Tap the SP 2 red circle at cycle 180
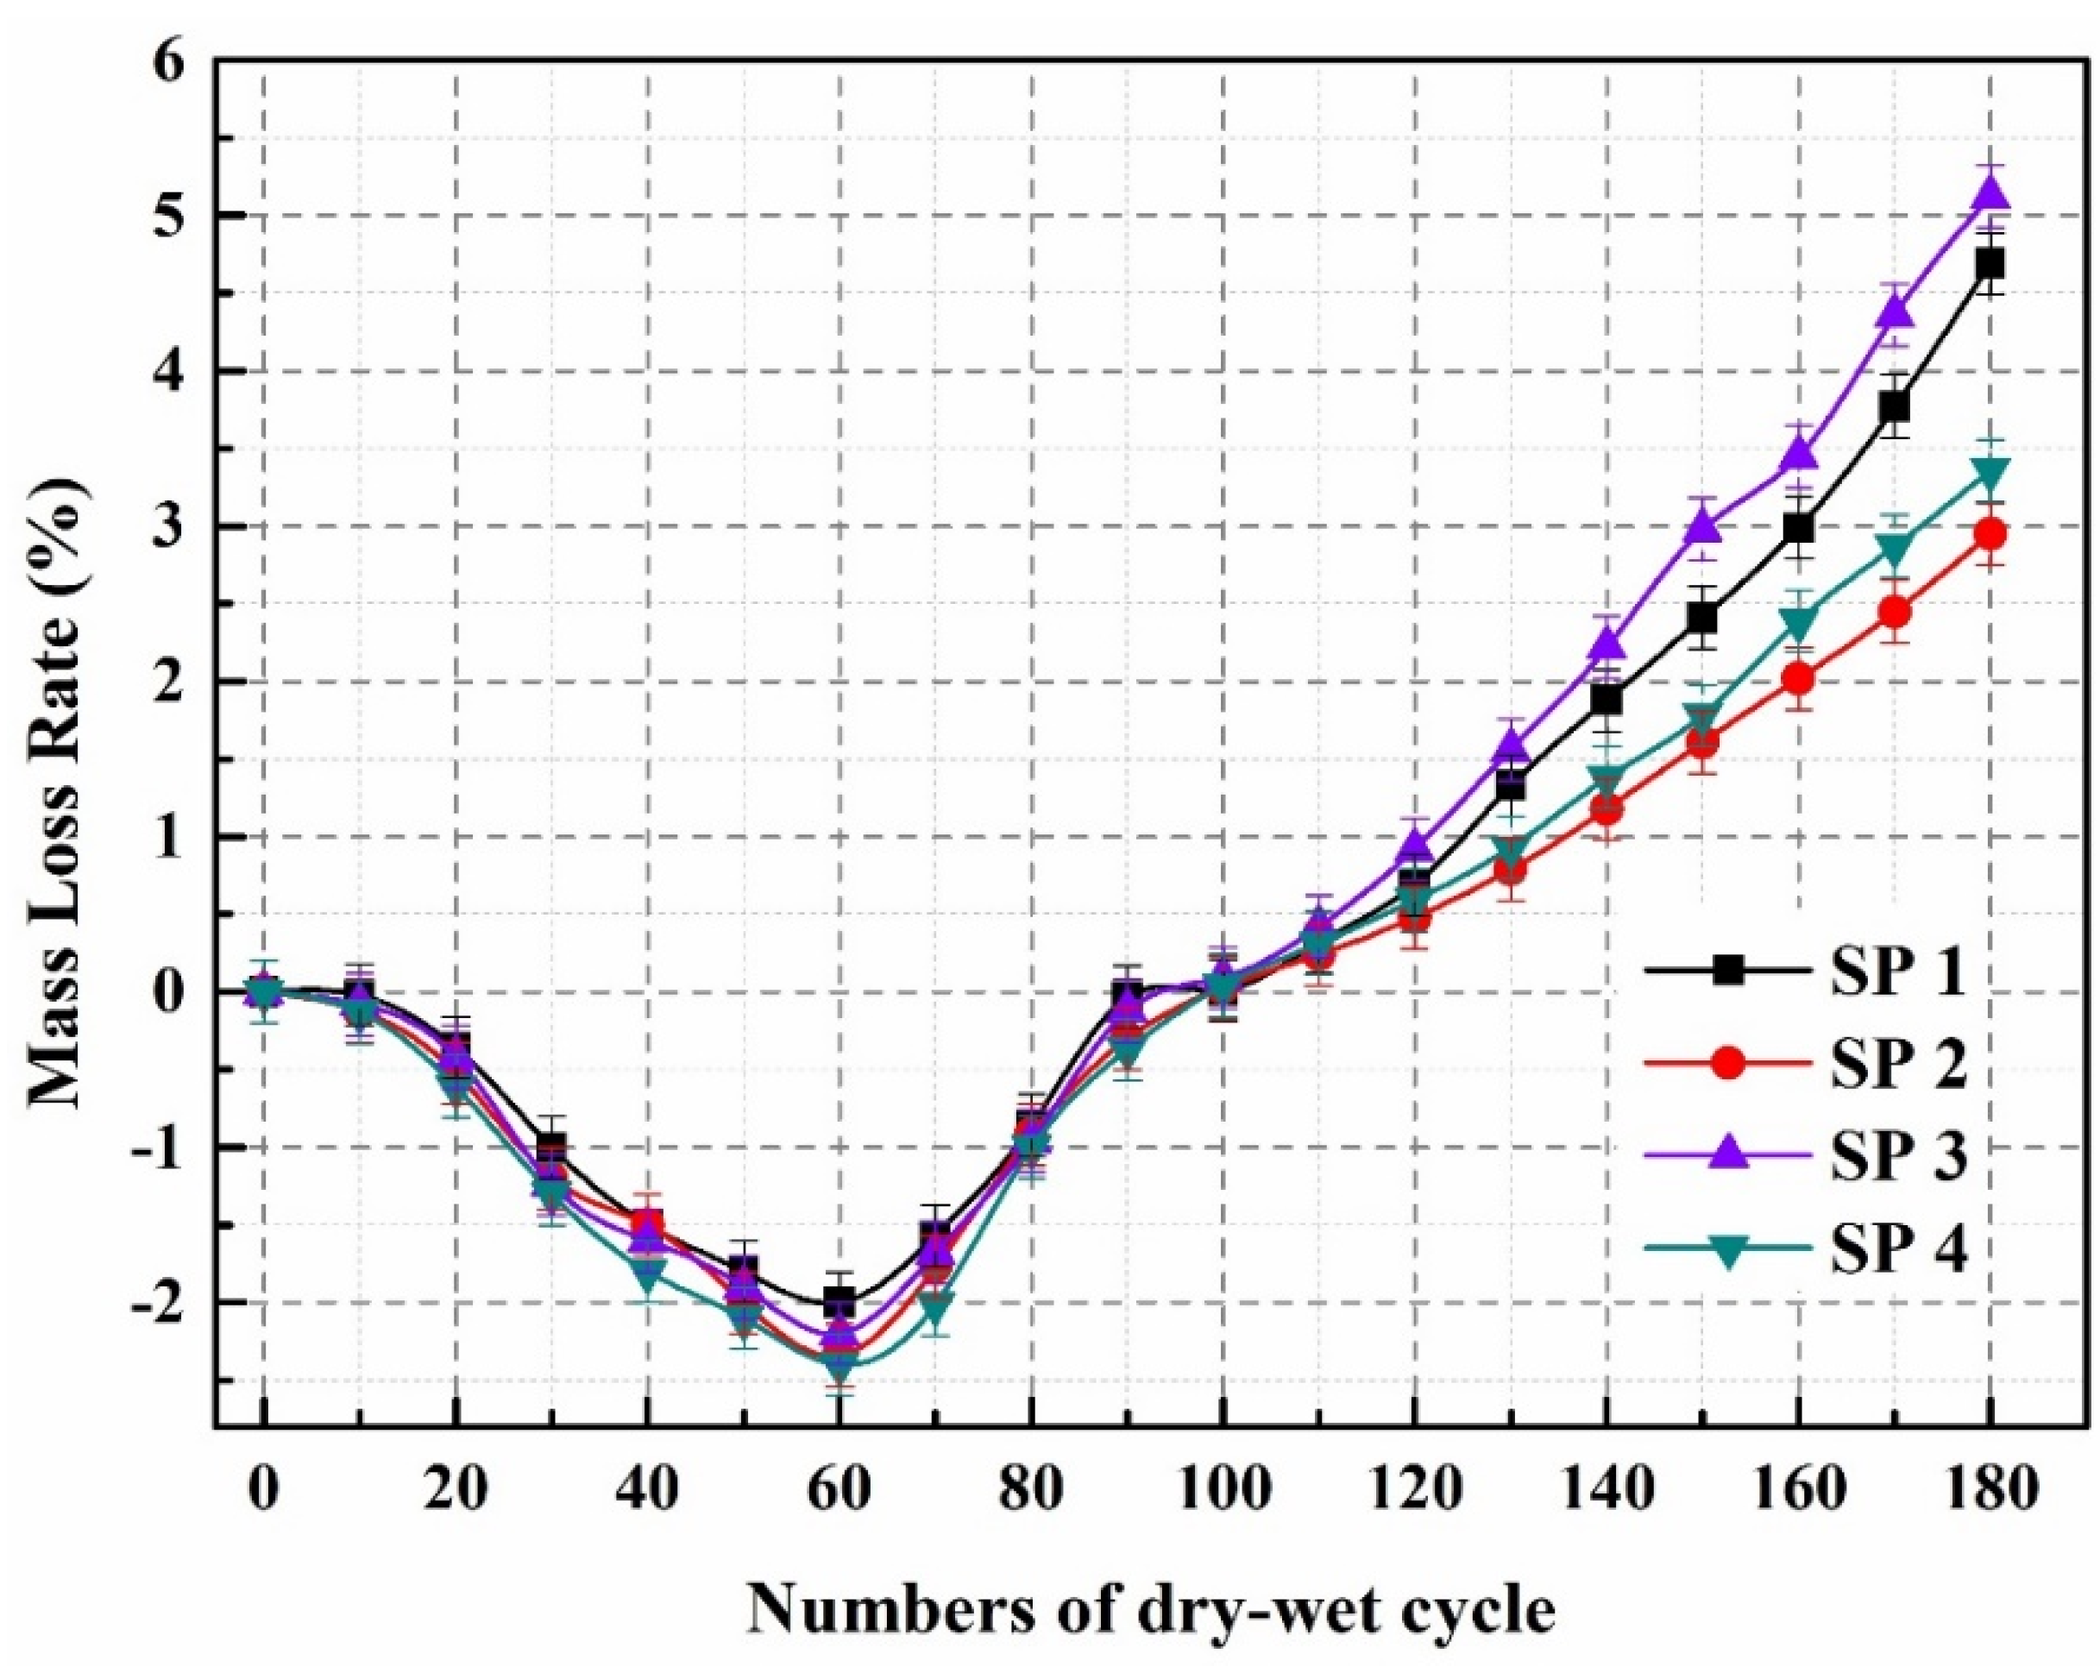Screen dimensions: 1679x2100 pyautogui.click(x=1988, y=534)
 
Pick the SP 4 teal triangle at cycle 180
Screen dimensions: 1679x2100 pyautogui.click(x=1988, y=475)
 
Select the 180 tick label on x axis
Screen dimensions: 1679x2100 pyautogui.click(x=1988, y=1493)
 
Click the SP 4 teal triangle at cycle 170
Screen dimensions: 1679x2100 pyautogui.click(x=1893, y=547)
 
